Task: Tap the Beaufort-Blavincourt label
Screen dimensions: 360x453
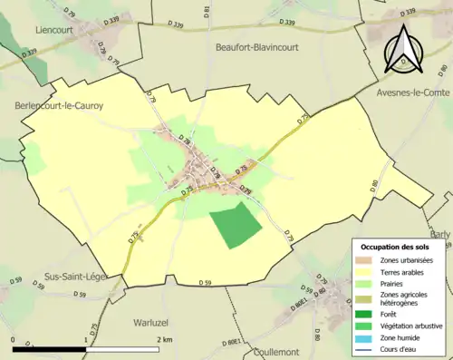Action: click(258, 46)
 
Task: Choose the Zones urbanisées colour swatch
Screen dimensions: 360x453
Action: click(369, 261)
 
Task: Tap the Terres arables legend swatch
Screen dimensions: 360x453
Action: click(369, 272)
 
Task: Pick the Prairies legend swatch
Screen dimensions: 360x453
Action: click(369, 283)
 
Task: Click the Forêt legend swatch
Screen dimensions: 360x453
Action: click(369, 315)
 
